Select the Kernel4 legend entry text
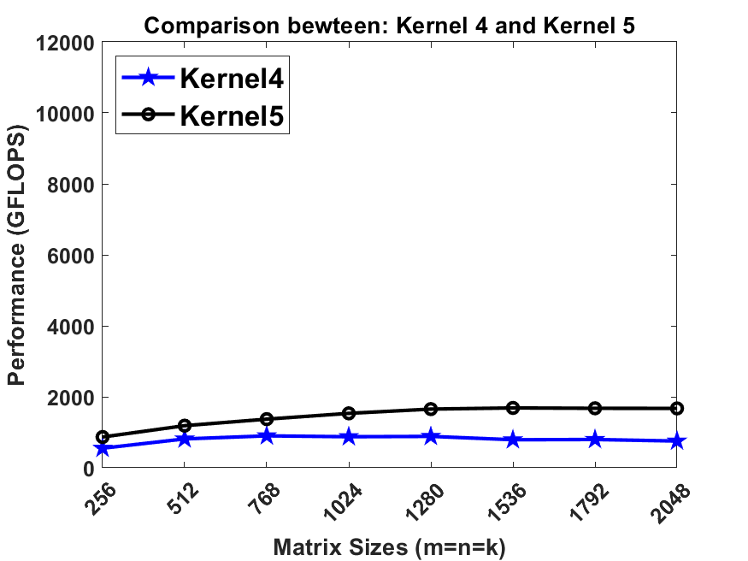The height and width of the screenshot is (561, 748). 231,79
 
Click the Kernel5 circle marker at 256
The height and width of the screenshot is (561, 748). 103,437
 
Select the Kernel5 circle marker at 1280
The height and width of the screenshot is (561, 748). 431,409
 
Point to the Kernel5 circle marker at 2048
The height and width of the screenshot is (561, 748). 676,409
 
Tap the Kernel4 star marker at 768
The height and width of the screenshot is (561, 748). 267,436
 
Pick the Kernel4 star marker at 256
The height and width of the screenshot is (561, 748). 103,448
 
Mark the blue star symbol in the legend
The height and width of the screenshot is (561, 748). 148,78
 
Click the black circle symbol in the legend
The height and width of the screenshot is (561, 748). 148,115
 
